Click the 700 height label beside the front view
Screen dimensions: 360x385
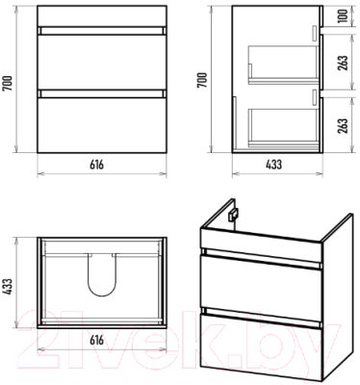coord(8,83)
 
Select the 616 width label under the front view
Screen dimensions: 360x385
coord(96,165)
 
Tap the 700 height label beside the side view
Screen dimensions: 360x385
coord(202,80)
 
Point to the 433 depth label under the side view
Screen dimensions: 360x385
coord(273,165)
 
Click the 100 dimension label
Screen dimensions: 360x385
coord(343,15)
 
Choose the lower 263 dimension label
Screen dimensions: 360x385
coord(343,125)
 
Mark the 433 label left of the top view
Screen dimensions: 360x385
coord(8,286)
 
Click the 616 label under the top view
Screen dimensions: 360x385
coord(96,340)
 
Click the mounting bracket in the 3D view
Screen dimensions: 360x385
coord(232,215)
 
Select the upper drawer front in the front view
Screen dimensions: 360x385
coord(102,62)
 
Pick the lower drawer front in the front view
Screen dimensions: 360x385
coord(102,125)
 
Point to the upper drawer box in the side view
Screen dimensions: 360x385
coord(283,64)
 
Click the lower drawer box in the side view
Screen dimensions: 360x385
coord(283,127)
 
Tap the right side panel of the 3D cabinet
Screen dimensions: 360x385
coord(337,298)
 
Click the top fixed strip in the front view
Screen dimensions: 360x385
coord(102,15)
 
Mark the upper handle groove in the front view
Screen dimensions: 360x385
coord(102,31)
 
